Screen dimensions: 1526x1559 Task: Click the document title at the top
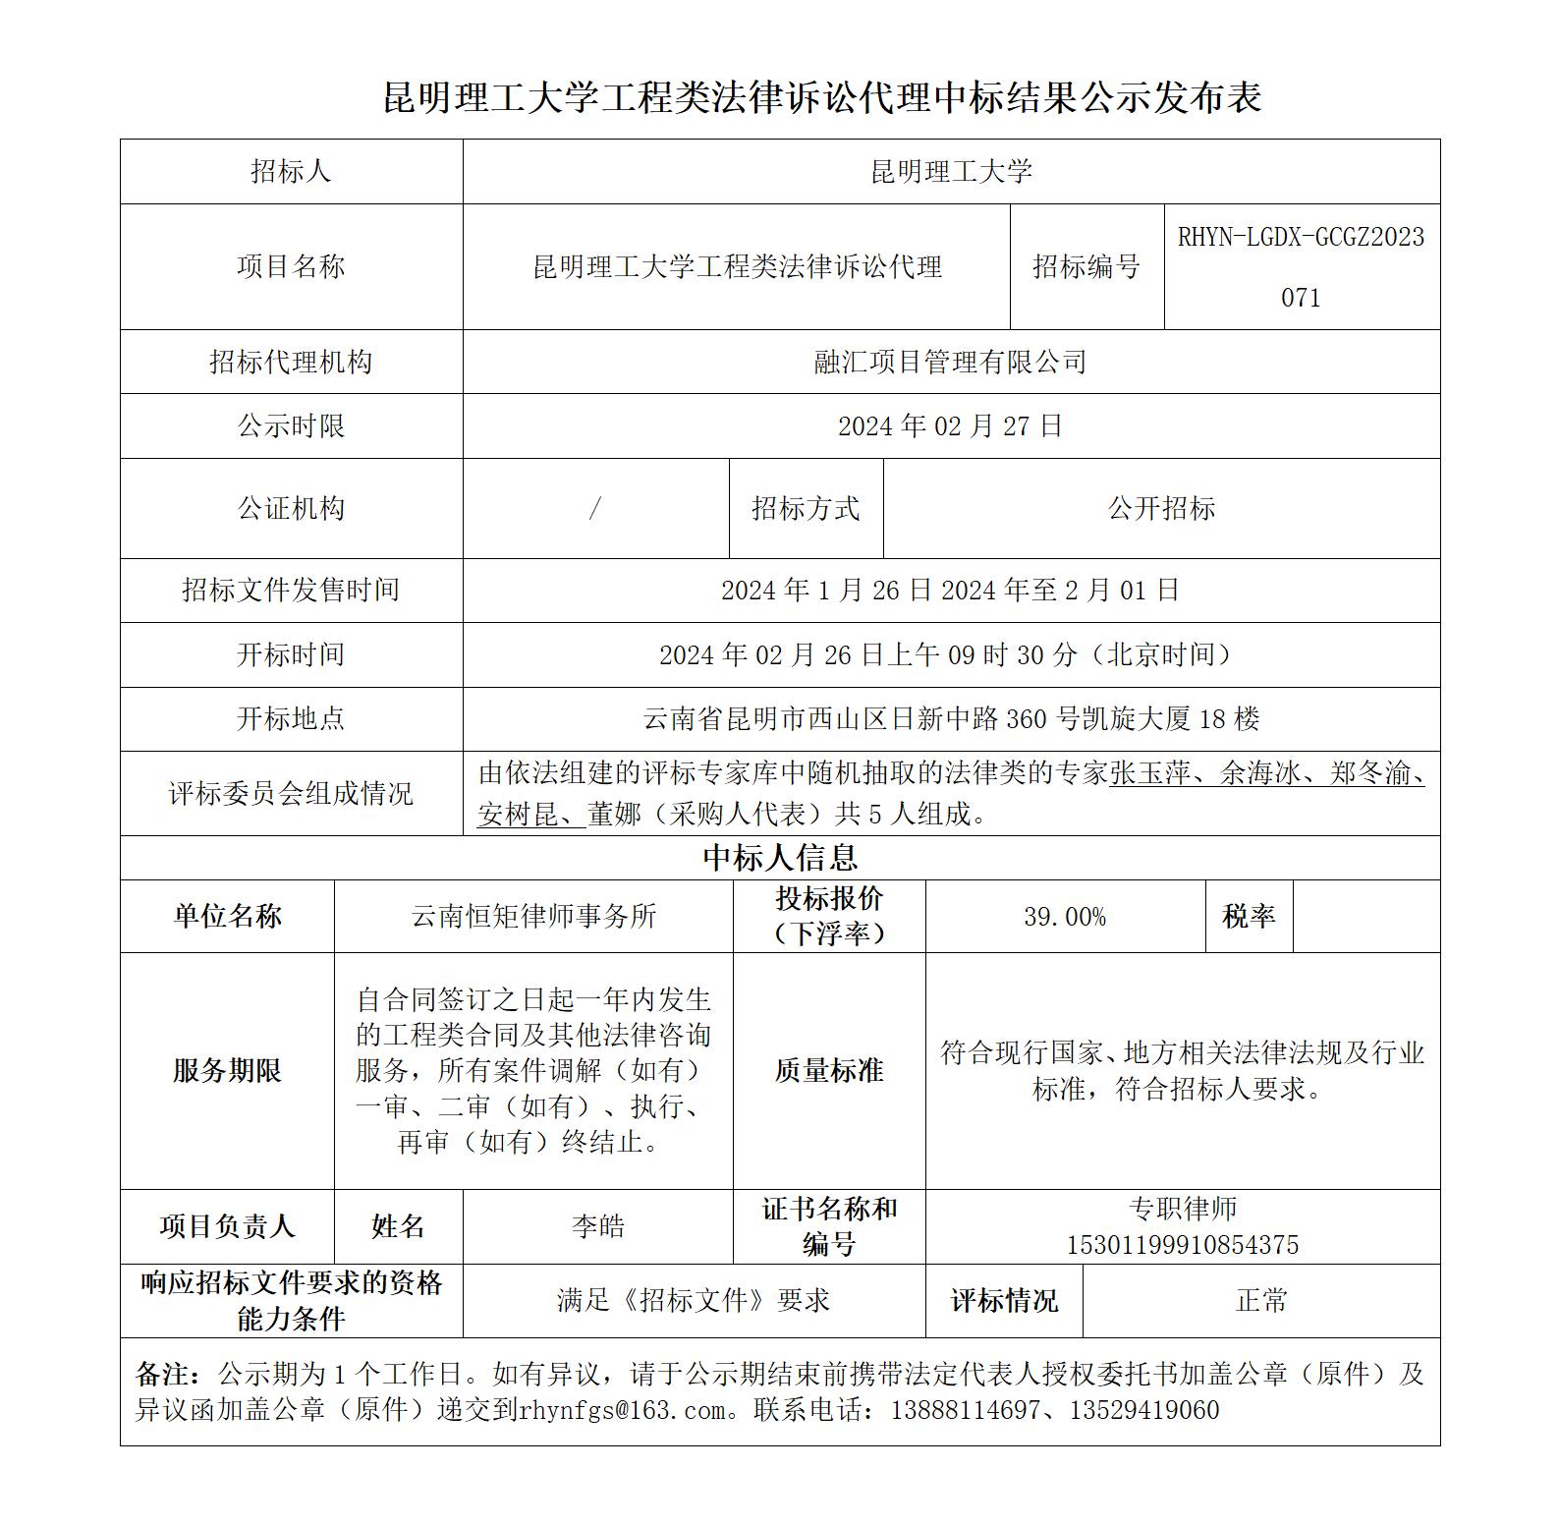coord(821,97)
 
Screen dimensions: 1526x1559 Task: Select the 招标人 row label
coord(291,172)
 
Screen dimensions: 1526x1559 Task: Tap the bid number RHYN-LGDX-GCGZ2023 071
coord(1301,266)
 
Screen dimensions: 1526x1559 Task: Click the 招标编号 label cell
coord(1086,266)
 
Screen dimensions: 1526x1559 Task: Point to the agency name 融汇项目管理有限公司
coord(950,362)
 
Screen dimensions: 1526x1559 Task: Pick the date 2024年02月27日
coord(950,425)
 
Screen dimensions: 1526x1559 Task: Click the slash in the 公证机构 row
coord(594,508)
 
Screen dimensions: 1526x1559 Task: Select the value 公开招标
coord(1161,508)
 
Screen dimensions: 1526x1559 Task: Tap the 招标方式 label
coord(806,508)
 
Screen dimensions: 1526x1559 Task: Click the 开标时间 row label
coord(291,654)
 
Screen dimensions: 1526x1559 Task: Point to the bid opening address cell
coord(950,718)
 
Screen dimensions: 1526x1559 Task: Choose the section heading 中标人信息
coord(780,858)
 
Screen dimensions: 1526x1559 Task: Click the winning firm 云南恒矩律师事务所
coord(533,916)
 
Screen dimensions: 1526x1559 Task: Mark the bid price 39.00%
coord(1065,917)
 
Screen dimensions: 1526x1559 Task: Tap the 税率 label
coord(1249,916)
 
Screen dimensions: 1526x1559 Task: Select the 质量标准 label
coord(829,1070)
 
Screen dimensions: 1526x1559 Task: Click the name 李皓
coord(597,1226)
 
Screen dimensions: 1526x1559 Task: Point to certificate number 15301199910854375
coord(1183,1245)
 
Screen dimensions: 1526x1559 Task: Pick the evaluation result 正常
coord(1261,1301)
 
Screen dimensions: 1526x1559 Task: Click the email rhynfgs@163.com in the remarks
coord(624,1410)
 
